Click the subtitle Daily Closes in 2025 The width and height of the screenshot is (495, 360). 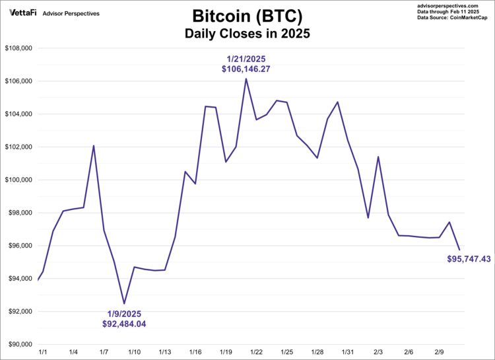(x=247, y=32)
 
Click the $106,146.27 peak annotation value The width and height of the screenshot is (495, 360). (x=246, y=69)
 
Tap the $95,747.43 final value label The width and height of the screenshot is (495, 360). (x=469, y=259)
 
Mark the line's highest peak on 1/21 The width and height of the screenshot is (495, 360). (x=246, y=79)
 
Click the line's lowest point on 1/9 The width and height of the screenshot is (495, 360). (x=124, y=303)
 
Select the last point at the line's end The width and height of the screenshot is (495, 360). (x=459, y=249)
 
